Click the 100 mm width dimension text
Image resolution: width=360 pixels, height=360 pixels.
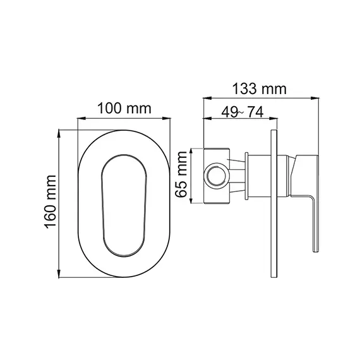(124, 108)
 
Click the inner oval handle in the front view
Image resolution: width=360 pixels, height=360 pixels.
(124, 206)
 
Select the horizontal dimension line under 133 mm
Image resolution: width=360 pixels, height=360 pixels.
(258, 98)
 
